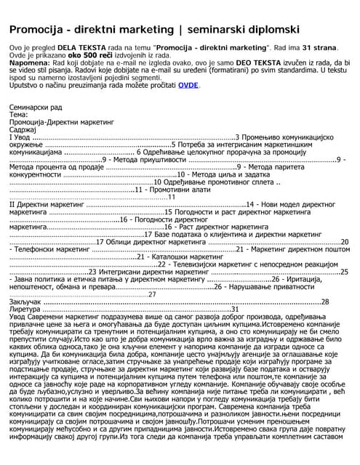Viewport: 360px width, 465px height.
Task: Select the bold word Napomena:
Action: click(x=30, y=63)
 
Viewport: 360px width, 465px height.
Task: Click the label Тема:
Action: click(x=19, y=114)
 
